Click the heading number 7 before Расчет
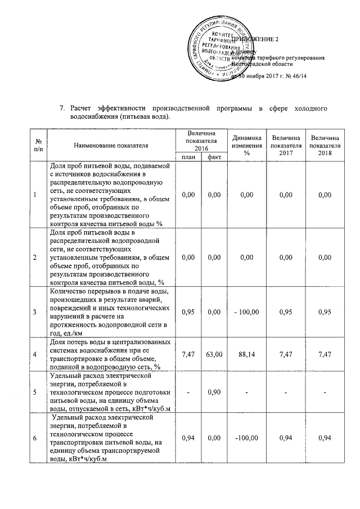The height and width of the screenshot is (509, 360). tap(62, 107)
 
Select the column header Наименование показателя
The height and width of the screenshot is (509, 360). tap(111, 146)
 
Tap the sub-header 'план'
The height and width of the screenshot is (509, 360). tap(188, 157)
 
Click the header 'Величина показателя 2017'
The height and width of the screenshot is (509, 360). tap(285, 146)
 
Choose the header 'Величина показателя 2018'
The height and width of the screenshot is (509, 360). tap(325, 146)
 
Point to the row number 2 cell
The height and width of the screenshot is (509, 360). tap(36, 257)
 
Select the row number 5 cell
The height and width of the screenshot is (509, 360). tap(36, 391)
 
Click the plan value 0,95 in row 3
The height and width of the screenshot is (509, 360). tap(188, 311)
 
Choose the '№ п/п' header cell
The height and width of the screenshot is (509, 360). tap(37, 146)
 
